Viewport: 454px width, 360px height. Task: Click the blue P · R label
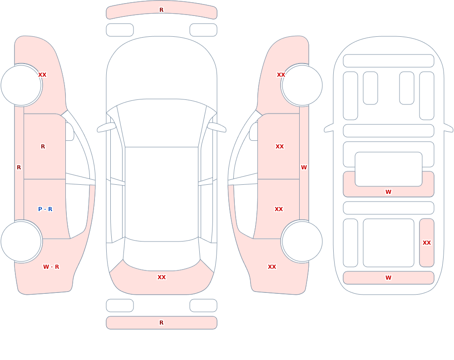click(x=45, y=209)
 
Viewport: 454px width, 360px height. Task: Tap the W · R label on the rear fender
click(x=51, y=267)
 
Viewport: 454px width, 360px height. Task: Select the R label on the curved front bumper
click(x=162, y=10)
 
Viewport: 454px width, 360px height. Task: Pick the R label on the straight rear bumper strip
click(x=162, y=323)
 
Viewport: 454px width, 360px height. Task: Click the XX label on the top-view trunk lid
click(x=162, y=277)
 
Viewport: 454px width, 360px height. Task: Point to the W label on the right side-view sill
click(x=304, y=168)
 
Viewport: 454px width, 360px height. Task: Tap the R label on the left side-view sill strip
click(x=19, y=168)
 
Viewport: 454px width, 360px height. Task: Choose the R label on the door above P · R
click(x=43, y=147)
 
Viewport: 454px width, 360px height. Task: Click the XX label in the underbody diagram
click(x=427, y=243)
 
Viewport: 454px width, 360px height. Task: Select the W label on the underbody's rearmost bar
click(x=388, y=278)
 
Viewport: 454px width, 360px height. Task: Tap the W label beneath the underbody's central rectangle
click(x=388, y=192)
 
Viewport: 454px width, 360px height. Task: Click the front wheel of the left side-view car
click(x=21, y=85)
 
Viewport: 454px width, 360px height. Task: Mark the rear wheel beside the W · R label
click(x=21, y=241)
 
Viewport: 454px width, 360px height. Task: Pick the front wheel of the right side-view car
click(x=302, y=85)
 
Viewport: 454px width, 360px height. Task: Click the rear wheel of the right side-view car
click(x=302, y=241)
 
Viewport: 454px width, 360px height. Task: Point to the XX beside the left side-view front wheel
click(x=42, y=75)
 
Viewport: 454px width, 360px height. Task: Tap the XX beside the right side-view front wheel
click(x=281, y=75)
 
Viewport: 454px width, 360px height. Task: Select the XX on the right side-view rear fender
click(x=272, y=267)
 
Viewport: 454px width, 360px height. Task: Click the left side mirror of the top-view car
click(x=106, y=128)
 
